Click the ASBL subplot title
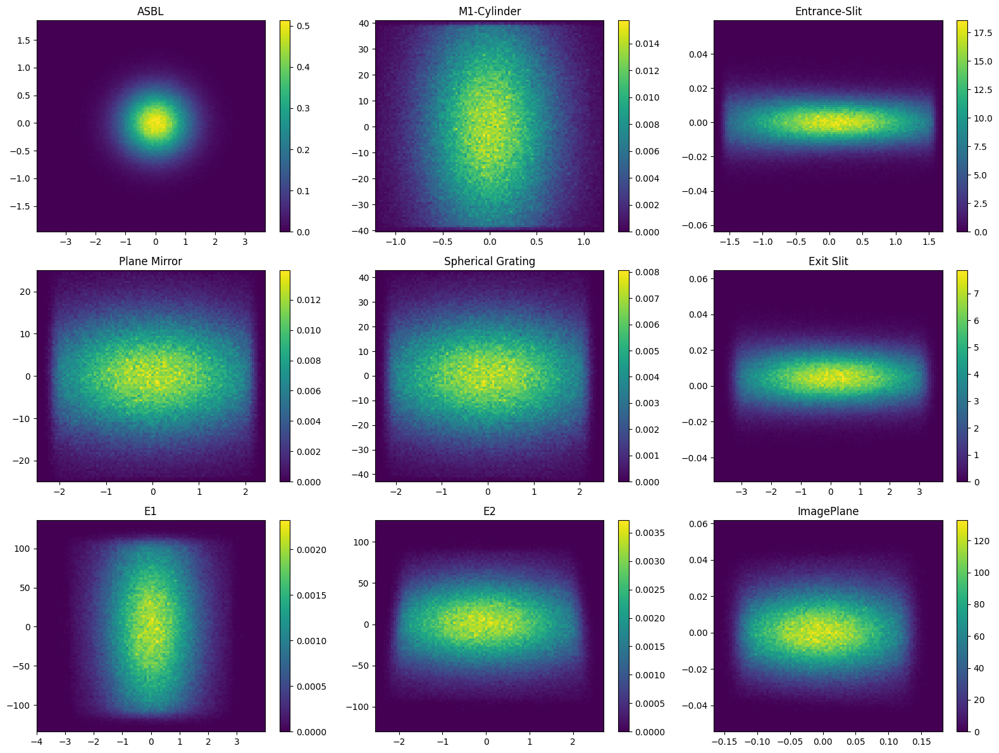[150, 11]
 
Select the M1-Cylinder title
[489, 11]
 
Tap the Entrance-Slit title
[828, 11]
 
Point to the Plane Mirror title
[150, 261]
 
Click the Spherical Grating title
[489, 261]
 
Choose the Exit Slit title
[828, 261]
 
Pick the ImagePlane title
[828, 511]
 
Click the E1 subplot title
[150, 511]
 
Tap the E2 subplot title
[489, 511]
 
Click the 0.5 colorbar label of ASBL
[303, 26]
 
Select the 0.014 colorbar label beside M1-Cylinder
[647, 44]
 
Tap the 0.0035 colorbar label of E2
[650, 533]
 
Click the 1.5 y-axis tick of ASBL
[23, 40]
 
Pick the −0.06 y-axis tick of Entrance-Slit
[695, 225]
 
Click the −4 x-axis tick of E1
[37, 742]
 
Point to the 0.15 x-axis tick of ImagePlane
[922, 742]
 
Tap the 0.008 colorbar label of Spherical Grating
[647, 272]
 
